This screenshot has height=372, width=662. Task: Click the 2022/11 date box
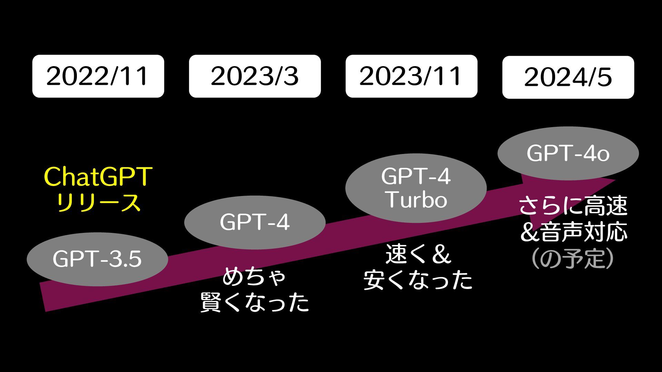click(98, 76)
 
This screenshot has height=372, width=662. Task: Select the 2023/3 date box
click(254, 76)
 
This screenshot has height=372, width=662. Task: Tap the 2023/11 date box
click(411, 76)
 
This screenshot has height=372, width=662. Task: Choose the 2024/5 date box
click(568, 77)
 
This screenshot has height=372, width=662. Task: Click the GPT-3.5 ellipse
click(97, 259)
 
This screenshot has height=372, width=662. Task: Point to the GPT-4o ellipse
click(568, 153)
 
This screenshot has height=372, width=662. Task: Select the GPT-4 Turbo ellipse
click(416, 188)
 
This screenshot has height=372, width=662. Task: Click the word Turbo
click(417, 200)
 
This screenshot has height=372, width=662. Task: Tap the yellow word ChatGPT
click(98, 177)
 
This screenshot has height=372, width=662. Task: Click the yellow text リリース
click(98, 203)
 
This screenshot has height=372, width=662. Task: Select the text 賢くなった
click(254, 302)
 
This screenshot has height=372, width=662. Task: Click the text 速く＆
click(418, 255)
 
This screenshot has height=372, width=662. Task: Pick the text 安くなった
click(418, 280)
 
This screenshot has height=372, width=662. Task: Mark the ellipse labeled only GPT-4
click(254, 223)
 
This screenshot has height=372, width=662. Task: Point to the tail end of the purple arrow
click(43, 297)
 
